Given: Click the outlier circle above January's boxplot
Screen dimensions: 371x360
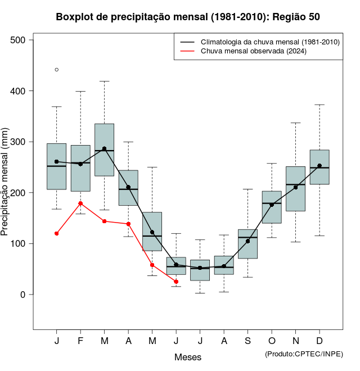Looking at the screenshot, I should (57, 70).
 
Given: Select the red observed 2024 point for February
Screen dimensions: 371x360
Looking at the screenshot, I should (80, 203).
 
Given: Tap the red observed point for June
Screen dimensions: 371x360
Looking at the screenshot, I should (176, 282).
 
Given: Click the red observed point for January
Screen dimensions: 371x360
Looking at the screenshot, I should (57, 233).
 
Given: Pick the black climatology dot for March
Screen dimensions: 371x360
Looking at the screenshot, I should (104, 149).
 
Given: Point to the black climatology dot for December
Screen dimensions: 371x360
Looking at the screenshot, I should (319, 166).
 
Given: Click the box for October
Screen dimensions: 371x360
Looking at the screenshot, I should (272, 207).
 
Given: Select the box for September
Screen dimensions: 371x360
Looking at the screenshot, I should (247, 244).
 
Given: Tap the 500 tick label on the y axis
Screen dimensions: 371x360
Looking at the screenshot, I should (17, 40).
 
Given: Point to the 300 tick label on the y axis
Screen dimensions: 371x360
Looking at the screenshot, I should (17, 142).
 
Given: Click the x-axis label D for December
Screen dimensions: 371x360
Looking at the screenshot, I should (319, 341).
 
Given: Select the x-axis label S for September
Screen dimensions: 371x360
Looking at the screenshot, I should (247, 341).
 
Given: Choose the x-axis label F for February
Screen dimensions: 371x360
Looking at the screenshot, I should (80, 341).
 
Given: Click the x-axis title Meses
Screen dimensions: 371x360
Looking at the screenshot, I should (188, 357).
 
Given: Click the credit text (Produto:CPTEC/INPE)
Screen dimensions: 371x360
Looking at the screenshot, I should (304, 354).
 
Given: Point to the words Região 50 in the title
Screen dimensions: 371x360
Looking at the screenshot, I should (296, 17).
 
